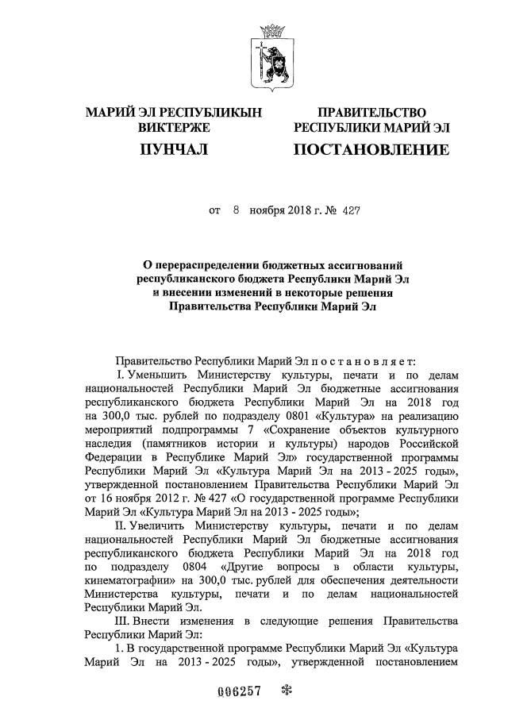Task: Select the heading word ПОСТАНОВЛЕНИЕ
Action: (371, 149)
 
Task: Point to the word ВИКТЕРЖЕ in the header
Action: (173, 127)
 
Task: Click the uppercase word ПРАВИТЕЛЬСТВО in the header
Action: (371, 113)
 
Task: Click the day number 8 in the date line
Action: (236, 212)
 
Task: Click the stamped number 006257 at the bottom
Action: (239, 690)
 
